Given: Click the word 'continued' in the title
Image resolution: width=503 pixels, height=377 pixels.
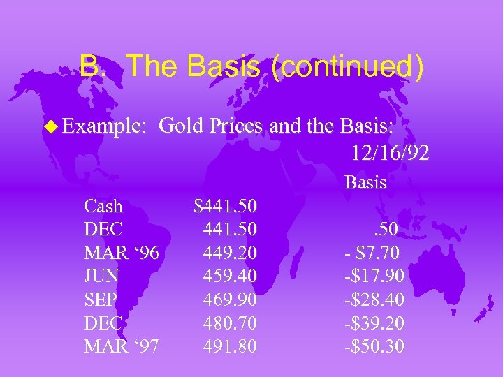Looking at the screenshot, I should (x=344, y=67).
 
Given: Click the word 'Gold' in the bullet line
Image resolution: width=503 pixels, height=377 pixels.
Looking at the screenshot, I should (x=176, y=126).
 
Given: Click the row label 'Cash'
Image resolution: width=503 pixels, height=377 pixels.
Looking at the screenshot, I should (x=103, y=206).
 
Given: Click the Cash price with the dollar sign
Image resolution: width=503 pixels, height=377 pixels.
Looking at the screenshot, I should (x=226, y=206).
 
